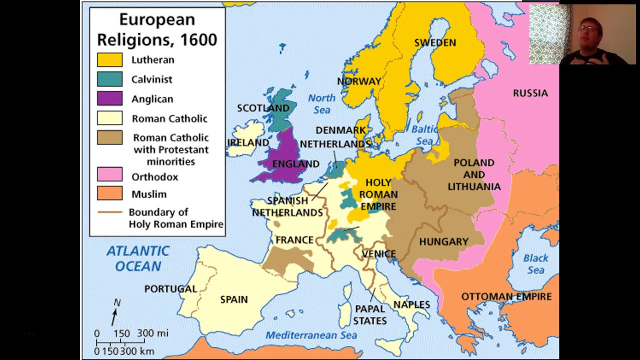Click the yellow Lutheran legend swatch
(109, 59)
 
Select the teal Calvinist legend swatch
(109, 79)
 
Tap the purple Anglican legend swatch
(109, 98)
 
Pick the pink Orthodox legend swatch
(109, 174)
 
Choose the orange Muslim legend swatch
(109, 193)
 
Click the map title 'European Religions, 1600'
(157, 30)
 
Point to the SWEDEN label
(435, 42)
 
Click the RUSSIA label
(530, 93)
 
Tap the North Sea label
(321, 103)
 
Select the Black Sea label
(535, 264)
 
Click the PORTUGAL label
(170, 288)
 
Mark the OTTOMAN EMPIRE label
(506, 296)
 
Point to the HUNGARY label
(443, 241)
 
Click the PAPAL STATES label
(370, 314)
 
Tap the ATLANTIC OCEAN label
(137, 258)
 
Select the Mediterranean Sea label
(311, 335)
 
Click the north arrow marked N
(115, 312)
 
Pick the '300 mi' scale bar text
(152, 333)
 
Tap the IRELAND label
(248, 142)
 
